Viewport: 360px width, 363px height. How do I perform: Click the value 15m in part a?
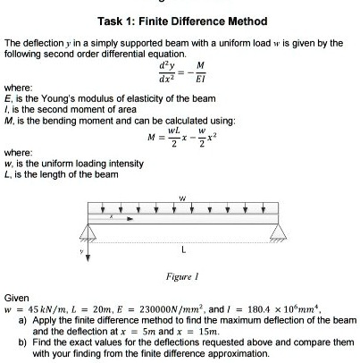199,330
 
